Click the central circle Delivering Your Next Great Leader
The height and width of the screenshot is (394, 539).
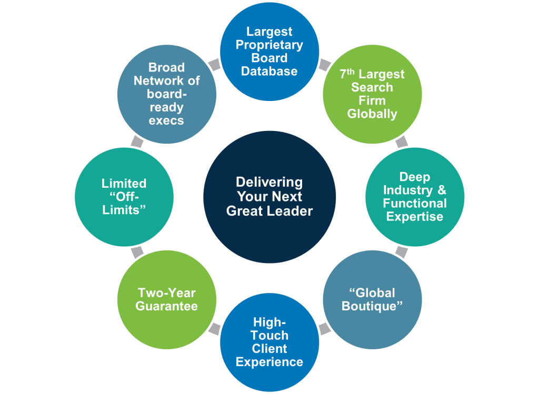[x=269, y=197]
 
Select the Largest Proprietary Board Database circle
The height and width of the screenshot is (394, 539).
[x=269, y=51]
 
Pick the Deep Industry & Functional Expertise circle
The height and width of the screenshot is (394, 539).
[x=415, y=197]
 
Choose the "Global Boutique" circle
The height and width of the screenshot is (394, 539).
[x=372, y=300]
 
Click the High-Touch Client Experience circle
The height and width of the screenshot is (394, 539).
[x=269, y=342]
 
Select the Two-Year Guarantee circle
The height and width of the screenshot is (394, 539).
[x=166, y=300]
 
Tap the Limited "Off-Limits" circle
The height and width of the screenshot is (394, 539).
[x=124, y=197]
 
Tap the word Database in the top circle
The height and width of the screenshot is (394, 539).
[x=269, y=71]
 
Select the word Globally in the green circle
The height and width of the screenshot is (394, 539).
[x=372, y=114]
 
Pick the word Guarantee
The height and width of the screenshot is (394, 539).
[x=166, y=306]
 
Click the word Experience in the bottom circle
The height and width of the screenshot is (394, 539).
[x=269, y=362]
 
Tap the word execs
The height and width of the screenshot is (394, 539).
[x=166, y=120]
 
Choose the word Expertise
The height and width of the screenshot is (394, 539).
[x=415, y=216]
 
